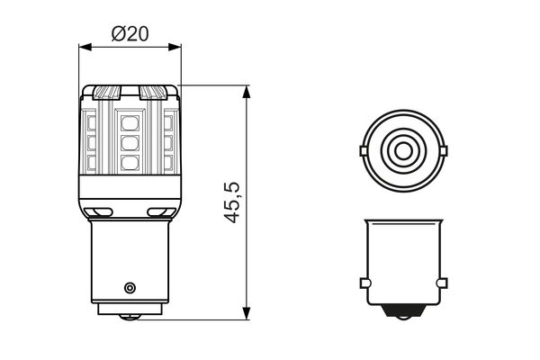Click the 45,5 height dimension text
pos(231,202)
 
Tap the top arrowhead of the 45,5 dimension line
pos(246,91)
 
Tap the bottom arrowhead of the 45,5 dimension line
pos(246,314)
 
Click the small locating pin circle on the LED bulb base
pos(130,287)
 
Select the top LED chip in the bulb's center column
pos(130,121)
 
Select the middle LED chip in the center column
pos(130,141)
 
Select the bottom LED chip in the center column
pos(130,161)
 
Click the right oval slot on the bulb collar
pos(159,213)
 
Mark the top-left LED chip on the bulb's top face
pos(106,93)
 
